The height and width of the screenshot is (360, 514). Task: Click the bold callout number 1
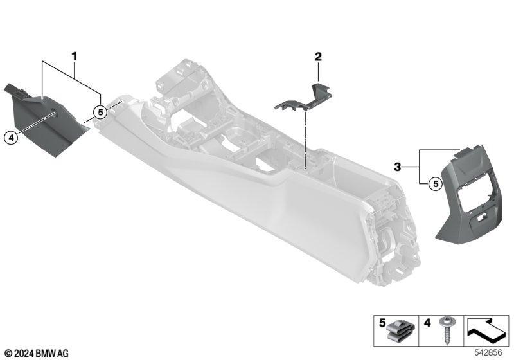pyautogui.click(x=75, y=57)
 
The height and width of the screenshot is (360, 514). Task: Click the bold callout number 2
pyautogui.click(x=318, y=57)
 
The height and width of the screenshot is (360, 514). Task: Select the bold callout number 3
pyautogui.click(x=398, y=167)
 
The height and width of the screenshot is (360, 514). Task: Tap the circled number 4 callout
pyautogui.click(x=11, y=138)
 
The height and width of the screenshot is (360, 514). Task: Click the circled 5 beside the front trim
pyautogui.click(x=100, y=112)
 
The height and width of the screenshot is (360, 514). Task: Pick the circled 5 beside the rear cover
pyautogui.click(x=436, y=184)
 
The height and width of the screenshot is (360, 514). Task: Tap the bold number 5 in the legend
pyautogui.click(x=382, y=323)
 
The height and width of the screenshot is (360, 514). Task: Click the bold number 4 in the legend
pyautogui.click(x=427, y=323)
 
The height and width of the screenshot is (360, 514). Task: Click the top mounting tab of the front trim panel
pyautogui.click(x=15, y=89)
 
